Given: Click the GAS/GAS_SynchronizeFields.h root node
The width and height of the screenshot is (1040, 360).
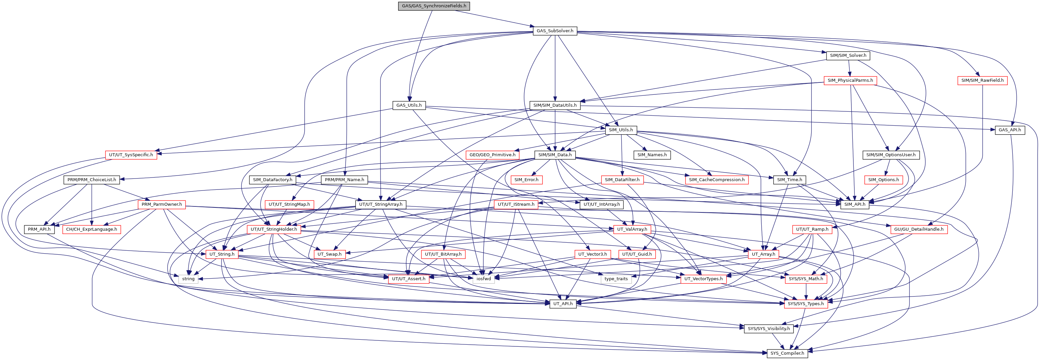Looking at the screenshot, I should [434, 6].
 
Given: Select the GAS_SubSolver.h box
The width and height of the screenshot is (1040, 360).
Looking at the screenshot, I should [555, 31].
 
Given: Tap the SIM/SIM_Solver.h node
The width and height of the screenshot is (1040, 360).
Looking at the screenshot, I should [848, 55].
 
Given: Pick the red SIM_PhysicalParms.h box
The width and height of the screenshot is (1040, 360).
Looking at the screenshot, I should [850, 80].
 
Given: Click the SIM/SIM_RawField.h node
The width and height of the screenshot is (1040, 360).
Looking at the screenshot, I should [982, 80].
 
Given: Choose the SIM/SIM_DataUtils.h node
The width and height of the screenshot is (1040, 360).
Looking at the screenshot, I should [555, 105].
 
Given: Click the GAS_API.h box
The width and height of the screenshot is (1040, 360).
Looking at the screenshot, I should [1009, 130].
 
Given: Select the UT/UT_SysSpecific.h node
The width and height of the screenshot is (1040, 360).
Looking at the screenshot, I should [131, 155].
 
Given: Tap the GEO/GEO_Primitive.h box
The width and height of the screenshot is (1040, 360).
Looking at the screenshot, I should [492, 155].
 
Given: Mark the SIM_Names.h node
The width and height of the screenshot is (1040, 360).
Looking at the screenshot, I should [652, 155].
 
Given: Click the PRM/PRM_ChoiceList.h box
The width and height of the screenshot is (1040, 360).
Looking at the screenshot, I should [92, 180].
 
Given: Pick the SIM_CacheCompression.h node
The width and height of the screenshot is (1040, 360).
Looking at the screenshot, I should [717, 180].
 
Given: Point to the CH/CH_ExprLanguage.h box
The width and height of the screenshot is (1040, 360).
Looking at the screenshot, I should [92, 229].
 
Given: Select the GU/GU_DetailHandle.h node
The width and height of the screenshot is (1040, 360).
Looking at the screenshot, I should [919, 229].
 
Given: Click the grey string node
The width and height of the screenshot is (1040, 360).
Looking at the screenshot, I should [188, 279].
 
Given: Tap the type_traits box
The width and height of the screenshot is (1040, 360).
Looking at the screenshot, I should [616, 279].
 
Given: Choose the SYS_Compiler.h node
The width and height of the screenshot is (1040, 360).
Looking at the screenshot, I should [787, 353].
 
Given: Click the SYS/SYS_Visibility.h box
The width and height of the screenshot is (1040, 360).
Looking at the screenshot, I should [769, 328].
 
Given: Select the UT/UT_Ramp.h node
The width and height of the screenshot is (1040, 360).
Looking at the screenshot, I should [812, 229].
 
